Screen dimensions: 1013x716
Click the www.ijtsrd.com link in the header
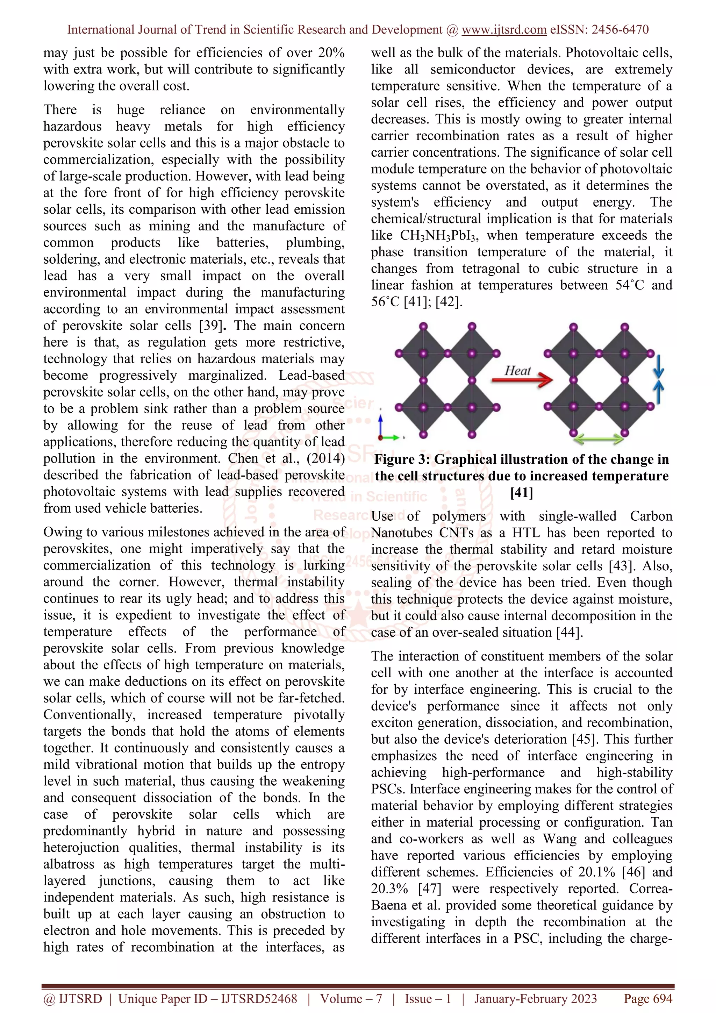click(x=504, y=30)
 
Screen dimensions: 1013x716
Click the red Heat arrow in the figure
click(x=522, y=379)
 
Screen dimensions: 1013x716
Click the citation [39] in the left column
click(x=210, y=326)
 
